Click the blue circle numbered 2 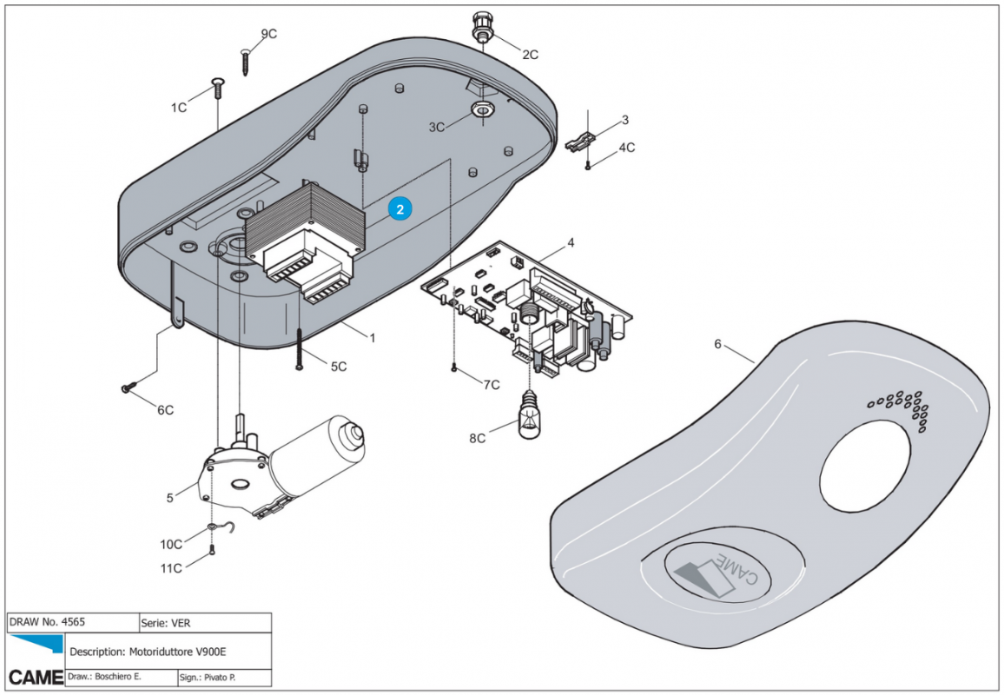pyautogui.click(x=400, y=209)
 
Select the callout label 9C pyautogui.click(x=268, y=34)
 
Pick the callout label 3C pyautogui.click(x=439, y=127)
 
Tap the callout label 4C pyautogui.click(x=626, y=148)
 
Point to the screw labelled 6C pyautogui.click(x=129, y=387)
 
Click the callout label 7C pyautogui.click(x=492, y=385)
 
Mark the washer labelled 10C pyautogui.click(x=212, y=527)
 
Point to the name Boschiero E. pyautogui.click(x=115, y=676)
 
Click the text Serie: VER pyautogui.click(x=167, y=623)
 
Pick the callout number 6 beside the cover pyautogui.click(x=717, y=344)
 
